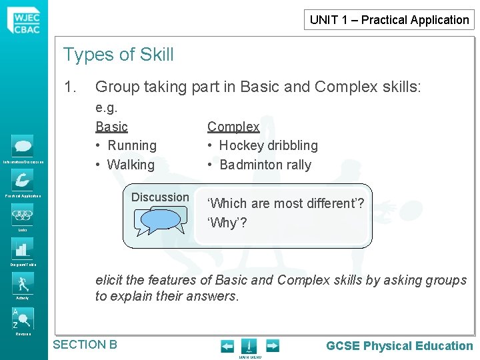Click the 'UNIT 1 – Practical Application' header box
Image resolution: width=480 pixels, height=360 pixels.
389,19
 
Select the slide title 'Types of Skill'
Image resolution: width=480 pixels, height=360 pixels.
118,55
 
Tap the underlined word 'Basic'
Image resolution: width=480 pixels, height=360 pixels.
111,126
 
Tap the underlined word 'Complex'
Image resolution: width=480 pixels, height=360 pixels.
233,126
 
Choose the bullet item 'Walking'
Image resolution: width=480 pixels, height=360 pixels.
130,165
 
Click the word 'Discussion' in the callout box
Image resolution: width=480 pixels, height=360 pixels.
160,197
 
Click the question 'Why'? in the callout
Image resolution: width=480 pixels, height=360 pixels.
227,223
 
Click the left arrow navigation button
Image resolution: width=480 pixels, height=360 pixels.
227,346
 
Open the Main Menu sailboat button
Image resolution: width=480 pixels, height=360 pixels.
249,346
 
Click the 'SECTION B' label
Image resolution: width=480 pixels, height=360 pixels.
85,345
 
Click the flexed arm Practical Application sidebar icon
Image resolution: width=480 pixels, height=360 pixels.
23,180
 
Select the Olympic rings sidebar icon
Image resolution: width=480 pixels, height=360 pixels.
23,215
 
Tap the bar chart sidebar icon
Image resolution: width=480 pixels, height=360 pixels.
23,249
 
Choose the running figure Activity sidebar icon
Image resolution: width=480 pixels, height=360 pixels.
23,283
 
